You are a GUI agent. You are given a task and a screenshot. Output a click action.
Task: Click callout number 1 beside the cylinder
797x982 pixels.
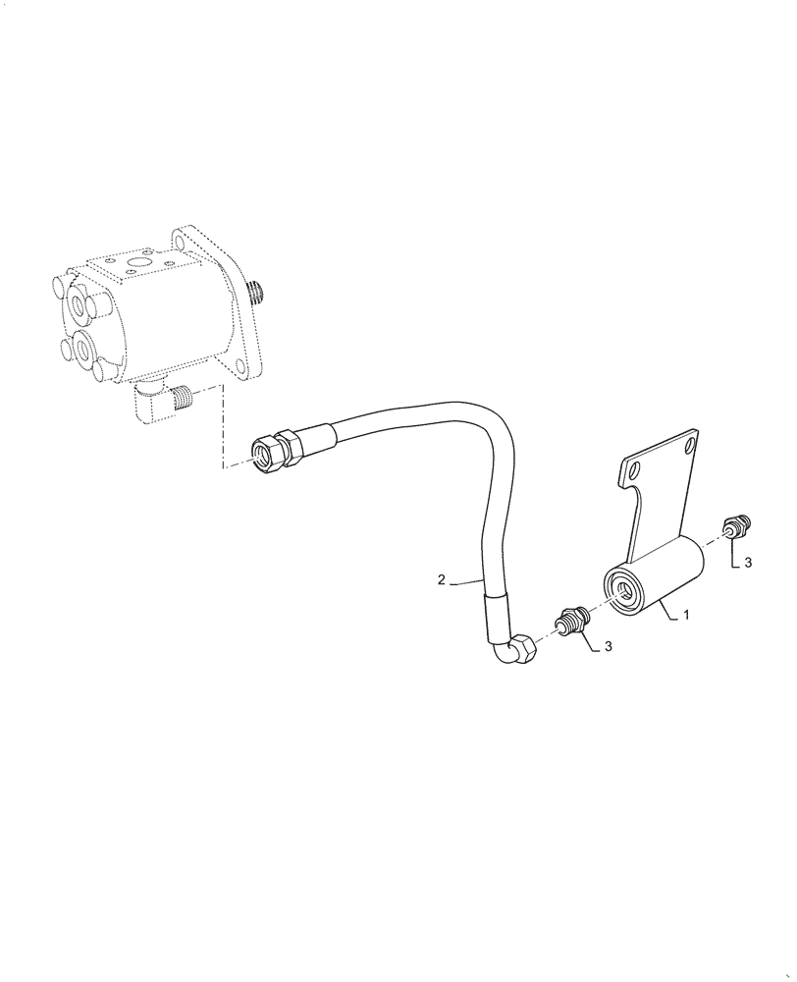[x=687, y=616]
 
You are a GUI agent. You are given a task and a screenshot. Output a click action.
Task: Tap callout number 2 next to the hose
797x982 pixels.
[x=442, y=580]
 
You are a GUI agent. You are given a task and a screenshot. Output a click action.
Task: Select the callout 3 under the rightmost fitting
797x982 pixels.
[x=748, y=563]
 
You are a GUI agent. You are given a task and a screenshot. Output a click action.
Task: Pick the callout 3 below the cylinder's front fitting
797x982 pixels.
[x=610, y=645]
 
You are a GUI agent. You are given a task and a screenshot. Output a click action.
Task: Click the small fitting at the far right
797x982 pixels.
[x=736, y=526]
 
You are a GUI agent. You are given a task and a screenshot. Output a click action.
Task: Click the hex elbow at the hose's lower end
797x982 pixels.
[x=517, y=652]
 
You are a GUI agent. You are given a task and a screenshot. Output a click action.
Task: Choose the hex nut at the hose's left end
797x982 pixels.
[x=268, y=452]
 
